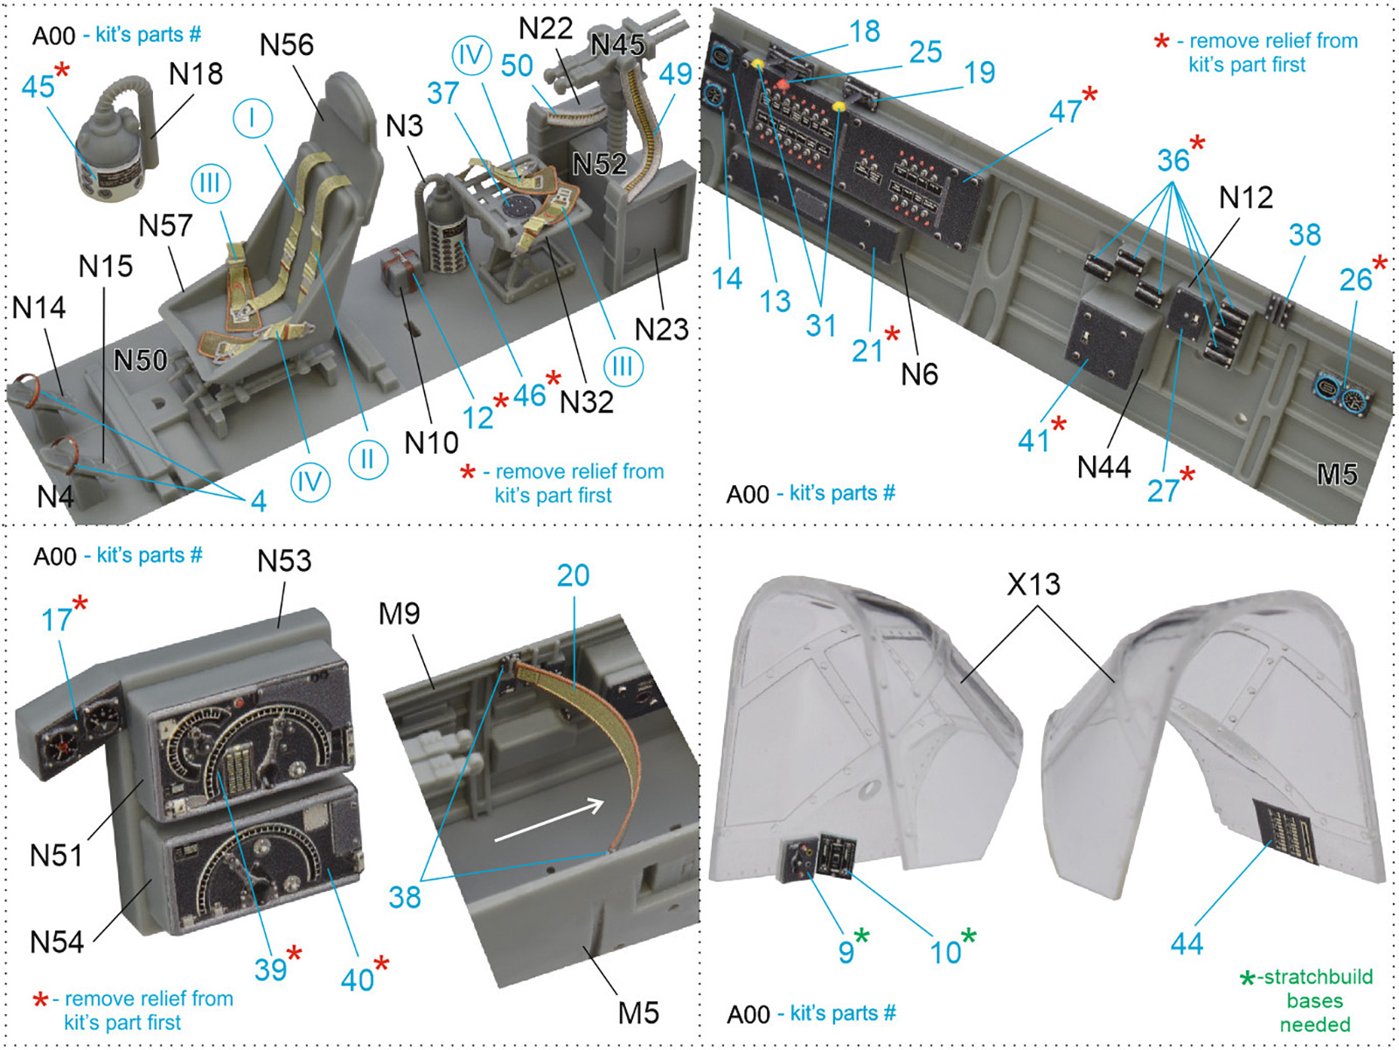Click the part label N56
click(x=287, y=45)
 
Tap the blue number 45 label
click(x=38, y=86)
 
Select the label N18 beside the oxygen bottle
click(x=196, y=74)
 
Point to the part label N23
click(x=662, y=330)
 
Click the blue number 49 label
click(x=676, y=74)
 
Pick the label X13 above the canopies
click(x=1034, y=584)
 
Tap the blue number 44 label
click(x=1187, y=943)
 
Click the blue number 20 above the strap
click(x=573, y=575)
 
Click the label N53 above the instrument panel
click(x=284, y=560)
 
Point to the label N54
click(x=57, y=942)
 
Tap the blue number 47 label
click(x=1066, y=112)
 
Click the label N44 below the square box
click(x=1104, y=468)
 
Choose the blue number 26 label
click(x=1355, y=280)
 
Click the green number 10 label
click(x=945, y=952)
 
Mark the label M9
click(x=400, y=614)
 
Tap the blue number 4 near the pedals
click(x=258, y=502)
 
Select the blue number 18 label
click(x=865, y=31)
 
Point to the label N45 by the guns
click(x=617, y=45)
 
